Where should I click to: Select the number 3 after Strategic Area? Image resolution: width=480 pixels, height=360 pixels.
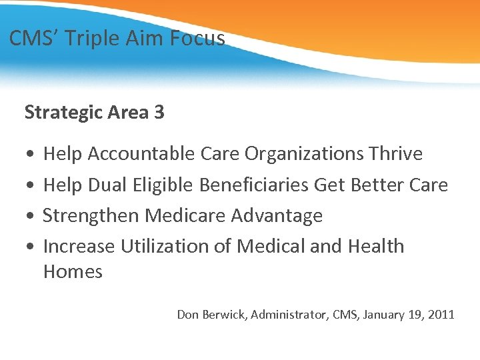159,112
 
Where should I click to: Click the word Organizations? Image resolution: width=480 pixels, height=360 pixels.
304,154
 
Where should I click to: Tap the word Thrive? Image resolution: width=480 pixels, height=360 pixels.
395,154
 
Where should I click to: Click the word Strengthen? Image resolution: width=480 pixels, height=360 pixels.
91,216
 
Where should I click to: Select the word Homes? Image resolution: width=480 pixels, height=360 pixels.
73,272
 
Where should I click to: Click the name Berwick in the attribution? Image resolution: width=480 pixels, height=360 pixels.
224,314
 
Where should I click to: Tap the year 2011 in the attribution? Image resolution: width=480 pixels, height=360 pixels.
440,314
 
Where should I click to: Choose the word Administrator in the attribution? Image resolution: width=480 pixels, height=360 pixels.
290,314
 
